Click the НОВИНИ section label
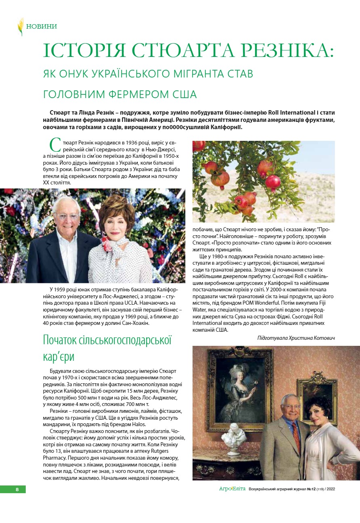[42, 27]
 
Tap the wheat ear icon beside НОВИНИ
[20, 27]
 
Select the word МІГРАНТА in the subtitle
[191, 74]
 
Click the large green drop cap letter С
[55, 146]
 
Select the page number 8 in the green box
[17, 489]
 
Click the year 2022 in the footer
[331, 489]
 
